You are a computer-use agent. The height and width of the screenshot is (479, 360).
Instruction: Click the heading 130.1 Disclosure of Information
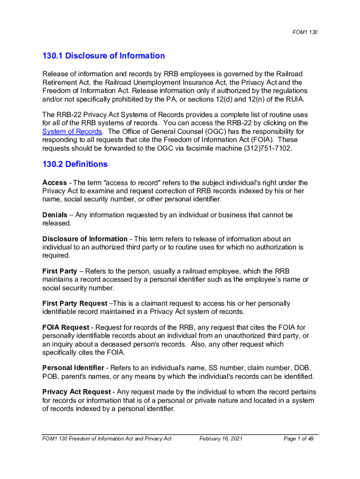(x=103, y=56)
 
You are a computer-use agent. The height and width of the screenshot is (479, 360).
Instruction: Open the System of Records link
(x=72, y=131)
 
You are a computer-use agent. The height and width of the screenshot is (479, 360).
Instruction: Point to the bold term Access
(x=54, y=182)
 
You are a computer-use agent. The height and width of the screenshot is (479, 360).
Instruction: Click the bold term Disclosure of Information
(x=85, y=239)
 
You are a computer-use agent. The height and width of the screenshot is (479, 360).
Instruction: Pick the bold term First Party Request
(x=75, y=304)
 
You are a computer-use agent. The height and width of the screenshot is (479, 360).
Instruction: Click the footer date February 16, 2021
(x=221, y=439)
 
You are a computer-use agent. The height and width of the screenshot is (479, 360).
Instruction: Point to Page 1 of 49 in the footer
(x=298, y=439)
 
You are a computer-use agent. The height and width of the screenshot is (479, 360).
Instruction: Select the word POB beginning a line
(x=50, y=377)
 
